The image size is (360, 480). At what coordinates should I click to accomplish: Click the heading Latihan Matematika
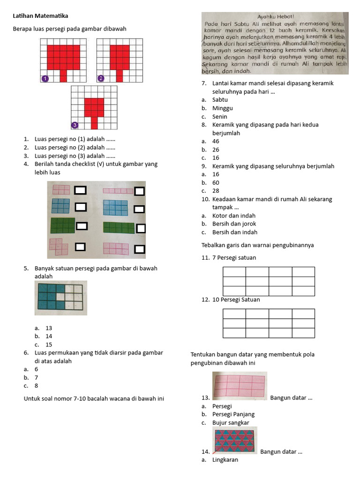(40, 16)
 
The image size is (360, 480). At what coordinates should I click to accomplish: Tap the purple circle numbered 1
(45, 78)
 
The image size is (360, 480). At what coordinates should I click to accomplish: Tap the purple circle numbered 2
(100, 78)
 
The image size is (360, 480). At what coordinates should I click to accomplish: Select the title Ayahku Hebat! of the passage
(275, 16)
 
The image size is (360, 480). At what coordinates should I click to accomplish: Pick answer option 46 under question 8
(216, 141)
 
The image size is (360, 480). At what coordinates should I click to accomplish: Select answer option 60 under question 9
(216, 183)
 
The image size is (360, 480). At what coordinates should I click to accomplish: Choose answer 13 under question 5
(49, 328)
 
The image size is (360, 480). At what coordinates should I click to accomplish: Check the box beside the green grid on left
(82, 226)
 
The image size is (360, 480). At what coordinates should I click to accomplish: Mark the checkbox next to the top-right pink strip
(139, 191)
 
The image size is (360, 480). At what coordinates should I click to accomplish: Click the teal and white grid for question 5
(60, 297)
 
